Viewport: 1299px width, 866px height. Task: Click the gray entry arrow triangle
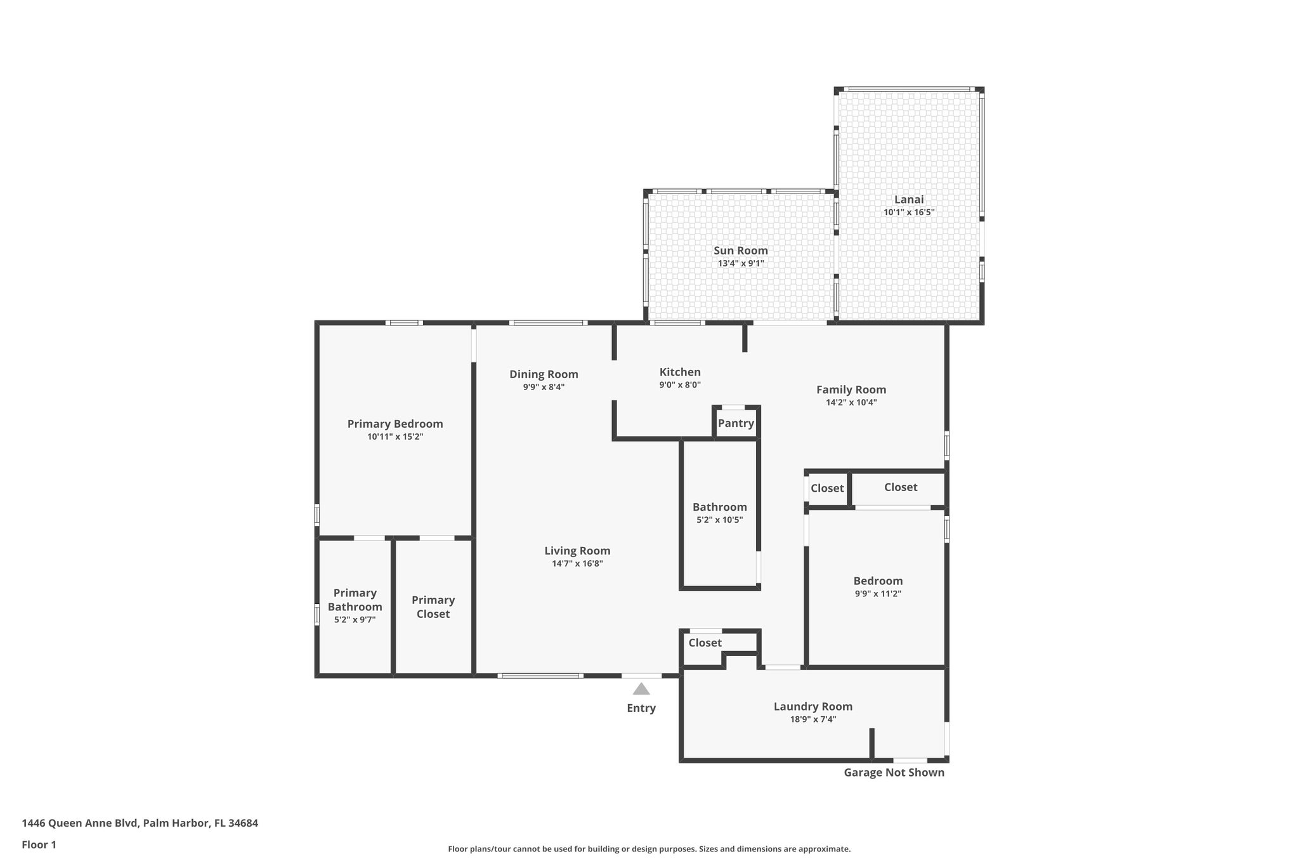(641, 690)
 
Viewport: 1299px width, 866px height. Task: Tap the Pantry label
(736, 423)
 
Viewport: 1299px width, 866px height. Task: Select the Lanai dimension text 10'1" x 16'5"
(909, 213)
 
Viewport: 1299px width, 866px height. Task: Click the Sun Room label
(740, 251)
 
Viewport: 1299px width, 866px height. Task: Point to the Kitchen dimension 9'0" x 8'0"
(680, 384)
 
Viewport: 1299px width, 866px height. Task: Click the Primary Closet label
(433, 607)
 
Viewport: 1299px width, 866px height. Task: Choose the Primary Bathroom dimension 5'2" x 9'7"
(355, 620)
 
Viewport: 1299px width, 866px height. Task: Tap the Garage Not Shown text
(894, 772)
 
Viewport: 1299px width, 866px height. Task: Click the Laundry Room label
(813, 706)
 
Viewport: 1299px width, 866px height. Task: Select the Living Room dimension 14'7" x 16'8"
(577, 563)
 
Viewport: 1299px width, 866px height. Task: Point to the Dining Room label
(544, 374)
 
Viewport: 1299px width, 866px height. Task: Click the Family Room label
(851, 390)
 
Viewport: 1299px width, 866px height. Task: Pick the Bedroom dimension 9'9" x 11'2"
(878, 594)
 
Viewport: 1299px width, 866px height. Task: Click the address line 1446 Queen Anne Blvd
(140, 823)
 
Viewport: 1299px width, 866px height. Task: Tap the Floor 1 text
(39, 844)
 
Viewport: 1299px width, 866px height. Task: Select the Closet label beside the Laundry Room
(705, 643)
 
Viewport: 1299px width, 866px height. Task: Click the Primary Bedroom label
(395, 424)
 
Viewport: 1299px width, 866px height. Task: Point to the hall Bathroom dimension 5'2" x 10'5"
(719, 520)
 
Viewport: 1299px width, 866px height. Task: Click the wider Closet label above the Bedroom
(900, 487)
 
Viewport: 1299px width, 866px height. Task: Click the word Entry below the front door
(641, 708)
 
